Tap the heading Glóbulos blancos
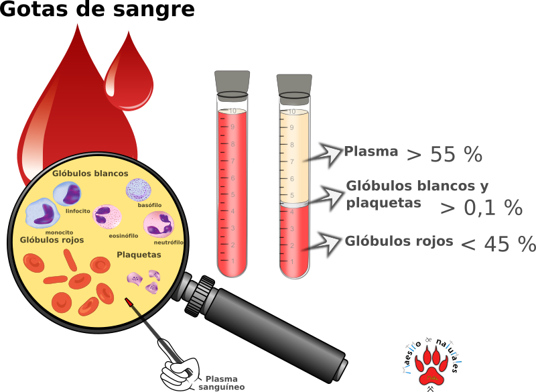click(x=90, y=174)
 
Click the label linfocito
click(x=78, y=210)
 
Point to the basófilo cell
click(x=139, y=190)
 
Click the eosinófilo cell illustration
click(x=107, y=217)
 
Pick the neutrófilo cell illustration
click(x=159, y=224)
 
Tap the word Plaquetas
click(x=139, y=255)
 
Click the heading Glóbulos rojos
click(x=52, y=240)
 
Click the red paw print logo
click(x=431, y=367)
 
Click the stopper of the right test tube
click(x=294, y=88)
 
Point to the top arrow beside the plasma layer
click(x=328, y=154)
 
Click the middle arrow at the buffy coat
click(x=330, y=197)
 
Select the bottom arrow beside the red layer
click(x=327, y=243)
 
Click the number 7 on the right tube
click(x=292, y=161)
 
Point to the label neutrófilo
click(x=169, y=242)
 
